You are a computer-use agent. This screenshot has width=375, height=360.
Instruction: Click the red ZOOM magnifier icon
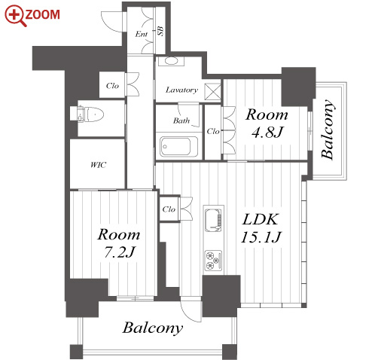15,16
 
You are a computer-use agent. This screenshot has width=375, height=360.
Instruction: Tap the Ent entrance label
142,34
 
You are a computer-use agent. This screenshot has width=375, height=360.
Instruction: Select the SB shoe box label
160,31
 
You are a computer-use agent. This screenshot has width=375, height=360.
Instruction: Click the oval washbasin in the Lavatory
171,61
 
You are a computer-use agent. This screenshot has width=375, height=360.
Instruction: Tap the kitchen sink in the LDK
214,220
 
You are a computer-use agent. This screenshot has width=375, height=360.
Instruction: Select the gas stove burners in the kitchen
214,261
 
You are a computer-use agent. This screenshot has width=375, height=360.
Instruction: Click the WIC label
99,165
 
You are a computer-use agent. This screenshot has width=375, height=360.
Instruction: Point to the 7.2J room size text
120,252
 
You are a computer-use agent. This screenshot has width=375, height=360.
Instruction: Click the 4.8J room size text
267,132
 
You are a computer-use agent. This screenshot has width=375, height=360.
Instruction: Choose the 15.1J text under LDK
261,237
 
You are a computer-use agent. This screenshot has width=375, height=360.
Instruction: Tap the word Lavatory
181,90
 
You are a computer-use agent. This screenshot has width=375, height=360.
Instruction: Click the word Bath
181,121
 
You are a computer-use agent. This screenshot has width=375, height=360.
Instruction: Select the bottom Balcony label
153,328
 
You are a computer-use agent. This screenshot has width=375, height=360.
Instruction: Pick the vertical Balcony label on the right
328,130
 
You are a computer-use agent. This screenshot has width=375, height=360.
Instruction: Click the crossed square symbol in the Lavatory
212,92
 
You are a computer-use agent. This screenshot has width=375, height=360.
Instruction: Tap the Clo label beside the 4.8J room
213,131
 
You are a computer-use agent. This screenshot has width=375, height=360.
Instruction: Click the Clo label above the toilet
112,86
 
